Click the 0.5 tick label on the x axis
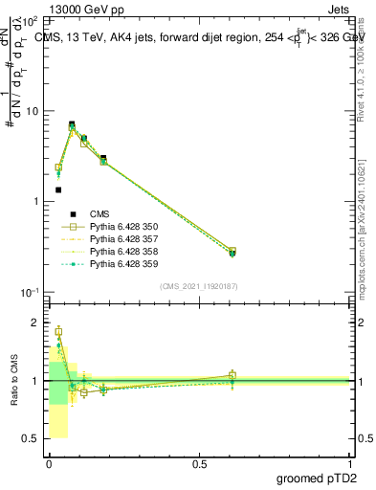pyautogui.click(x=199, y=463)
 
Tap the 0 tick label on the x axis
pyautogui.click(x=49, y=463)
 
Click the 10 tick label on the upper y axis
pyautogui.click(x=32, y=111)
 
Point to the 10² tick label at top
pyautogui.click(x=30, y=20)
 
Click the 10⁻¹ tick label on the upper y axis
pyautogui.click(x=30, y=293)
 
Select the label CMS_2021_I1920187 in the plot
pyautogui.click(x=199, y=286)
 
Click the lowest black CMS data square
pyautogui.click(x=58, y=189)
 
